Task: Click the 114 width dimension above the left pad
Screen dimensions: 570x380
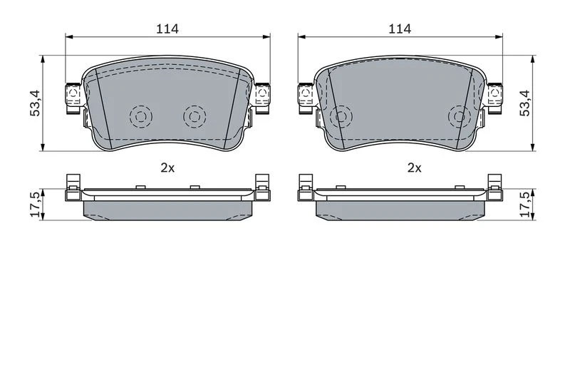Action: (x=167, y=29)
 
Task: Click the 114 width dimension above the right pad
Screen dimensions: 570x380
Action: (x=400, y=29)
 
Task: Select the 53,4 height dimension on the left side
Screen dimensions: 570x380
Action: (x=36, y=103)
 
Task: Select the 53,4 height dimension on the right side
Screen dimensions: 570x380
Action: (x=525, y=103)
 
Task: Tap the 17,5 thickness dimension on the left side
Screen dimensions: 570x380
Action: (x=36, y=205)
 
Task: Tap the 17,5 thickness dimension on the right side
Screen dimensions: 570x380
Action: (x=525, y=205)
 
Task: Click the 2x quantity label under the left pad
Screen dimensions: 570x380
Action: (x=167, y=168)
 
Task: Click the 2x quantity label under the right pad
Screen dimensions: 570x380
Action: (x=415, y=168)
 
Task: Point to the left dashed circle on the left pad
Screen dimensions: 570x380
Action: (x=141, y=117)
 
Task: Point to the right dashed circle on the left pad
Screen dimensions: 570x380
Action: (x=195, y=117)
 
